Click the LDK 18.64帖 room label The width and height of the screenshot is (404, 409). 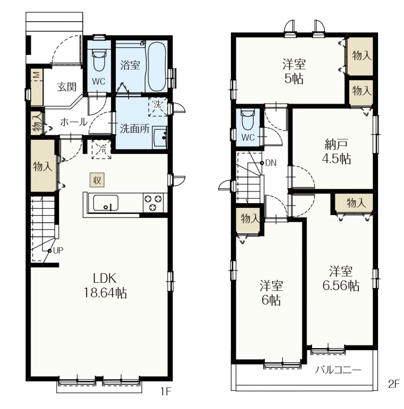click(105, 285)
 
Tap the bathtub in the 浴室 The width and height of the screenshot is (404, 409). click(156, 66)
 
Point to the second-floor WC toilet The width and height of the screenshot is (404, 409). click(248, 119)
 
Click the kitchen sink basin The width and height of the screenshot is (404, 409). click(106, 203)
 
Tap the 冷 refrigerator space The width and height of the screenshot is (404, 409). click(102, 150)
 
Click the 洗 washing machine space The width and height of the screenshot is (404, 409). click(157, 107)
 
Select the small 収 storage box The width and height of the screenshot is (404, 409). click(97, 180)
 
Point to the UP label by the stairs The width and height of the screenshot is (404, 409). click(58, 251)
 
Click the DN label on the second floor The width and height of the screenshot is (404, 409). click(271, 163)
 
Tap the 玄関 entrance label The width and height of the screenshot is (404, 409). click(67, 87)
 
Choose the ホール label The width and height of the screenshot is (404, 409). click(74, 122)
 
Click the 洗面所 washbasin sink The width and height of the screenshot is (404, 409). click(159, 138)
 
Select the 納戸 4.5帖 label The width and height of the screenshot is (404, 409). click(336, 152)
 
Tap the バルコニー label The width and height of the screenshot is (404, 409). click(338, 370)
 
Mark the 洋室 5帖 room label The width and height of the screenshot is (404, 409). click(294, 71)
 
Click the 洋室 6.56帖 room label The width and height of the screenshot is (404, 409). click(341, 279)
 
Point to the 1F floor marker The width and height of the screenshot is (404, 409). click(165, 391)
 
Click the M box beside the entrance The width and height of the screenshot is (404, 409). click(37, 75)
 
